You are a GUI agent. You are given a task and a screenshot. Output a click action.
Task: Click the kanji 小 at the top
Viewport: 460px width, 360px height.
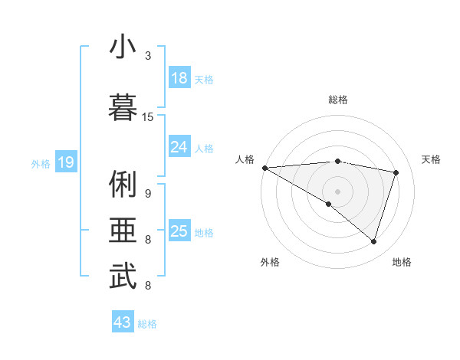coord(123,47)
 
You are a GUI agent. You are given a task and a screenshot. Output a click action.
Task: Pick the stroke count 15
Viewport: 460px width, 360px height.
coord(148,117)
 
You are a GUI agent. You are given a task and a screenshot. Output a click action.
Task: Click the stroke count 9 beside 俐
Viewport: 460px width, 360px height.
coord(148,194)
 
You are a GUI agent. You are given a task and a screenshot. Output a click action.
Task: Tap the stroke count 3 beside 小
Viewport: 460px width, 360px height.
coord(148,56)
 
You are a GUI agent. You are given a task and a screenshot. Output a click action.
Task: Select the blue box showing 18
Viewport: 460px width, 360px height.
coord(179,78)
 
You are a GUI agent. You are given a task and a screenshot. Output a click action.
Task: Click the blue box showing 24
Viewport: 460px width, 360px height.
coord(179,147)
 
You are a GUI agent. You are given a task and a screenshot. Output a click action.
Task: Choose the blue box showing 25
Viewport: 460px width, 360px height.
coord(179,231)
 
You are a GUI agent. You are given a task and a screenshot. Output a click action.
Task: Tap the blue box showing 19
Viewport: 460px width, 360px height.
coord(65,162)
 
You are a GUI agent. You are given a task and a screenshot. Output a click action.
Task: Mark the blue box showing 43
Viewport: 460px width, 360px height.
coord(123,322)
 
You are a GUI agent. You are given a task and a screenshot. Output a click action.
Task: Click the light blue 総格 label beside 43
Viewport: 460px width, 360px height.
coord(147,324)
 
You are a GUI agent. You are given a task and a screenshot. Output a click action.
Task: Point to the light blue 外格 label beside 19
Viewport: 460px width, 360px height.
coord(41,163)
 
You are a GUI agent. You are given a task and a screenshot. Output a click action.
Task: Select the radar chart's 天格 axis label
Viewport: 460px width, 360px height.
coord(432,159)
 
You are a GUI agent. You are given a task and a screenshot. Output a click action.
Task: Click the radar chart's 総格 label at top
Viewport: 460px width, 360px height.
coord(338,100)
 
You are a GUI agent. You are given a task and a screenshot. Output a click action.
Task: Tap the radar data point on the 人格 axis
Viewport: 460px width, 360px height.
coord(264,167)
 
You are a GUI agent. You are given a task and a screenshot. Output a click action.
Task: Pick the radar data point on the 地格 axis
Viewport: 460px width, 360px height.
coord(373,242)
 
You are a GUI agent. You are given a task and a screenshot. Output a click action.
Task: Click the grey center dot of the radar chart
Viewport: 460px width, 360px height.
coord(337,190)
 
